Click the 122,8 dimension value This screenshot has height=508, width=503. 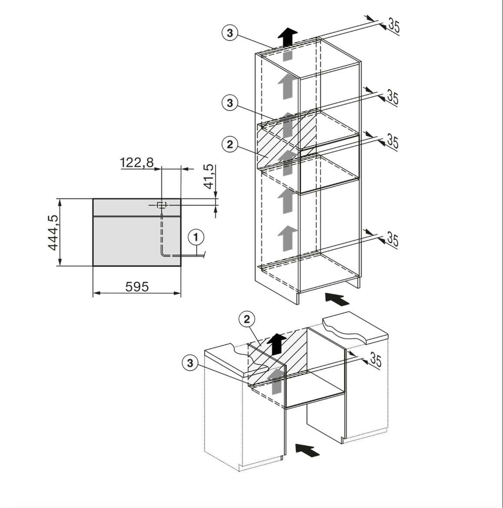136,162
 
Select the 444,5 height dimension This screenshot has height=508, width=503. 53,232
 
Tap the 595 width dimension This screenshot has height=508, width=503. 137,287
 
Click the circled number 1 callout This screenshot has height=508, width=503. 196,237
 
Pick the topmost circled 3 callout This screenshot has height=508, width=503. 230,33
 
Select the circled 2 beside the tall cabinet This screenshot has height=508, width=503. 230,144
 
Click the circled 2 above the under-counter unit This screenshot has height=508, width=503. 247,319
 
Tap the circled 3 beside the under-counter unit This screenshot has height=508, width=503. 190,363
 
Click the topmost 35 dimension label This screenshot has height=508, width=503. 394,26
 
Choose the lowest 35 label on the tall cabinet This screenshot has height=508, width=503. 392,239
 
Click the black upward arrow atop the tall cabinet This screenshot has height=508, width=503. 287,37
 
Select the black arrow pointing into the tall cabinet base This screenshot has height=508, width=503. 337,299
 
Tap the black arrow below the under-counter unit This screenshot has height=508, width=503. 307,450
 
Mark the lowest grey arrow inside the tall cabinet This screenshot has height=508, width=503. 287,238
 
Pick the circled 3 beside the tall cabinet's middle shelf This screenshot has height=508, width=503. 230,103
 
